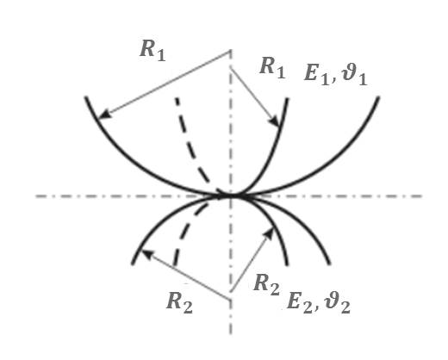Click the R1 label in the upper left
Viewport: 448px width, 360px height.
[152, 51]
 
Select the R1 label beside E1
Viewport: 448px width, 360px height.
[272, 68]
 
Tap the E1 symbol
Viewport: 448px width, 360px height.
[316, 74]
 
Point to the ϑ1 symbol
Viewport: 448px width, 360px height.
[354, 75]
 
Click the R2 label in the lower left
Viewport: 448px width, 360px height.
[179, 302]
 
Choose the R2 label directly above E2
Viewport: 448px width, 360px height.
[266, 285]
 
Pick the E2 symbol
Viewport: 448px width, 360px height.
[300, 302]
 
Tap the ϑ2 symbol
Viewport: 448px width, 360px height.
[338, 303]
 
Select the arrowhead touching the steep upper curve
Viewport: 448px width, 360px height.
[274, 121]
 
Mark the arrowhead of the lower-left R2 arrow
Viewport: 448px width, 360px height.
[146, 253]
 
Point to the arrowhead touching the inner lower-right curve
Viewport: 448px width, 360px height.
[270, 233]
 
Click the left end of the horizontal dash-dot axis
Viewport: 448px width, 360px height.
[36, 196]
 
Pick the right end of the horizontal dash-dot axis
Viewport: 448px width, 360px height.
[421, 196]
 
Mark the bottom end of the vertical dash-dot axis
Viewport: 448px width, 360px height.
[231, 334]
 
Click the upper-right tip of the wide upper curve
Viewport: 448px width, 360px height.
[378, 97]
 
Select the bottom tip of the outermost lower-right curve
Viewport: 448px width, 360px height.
[329, 264]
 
